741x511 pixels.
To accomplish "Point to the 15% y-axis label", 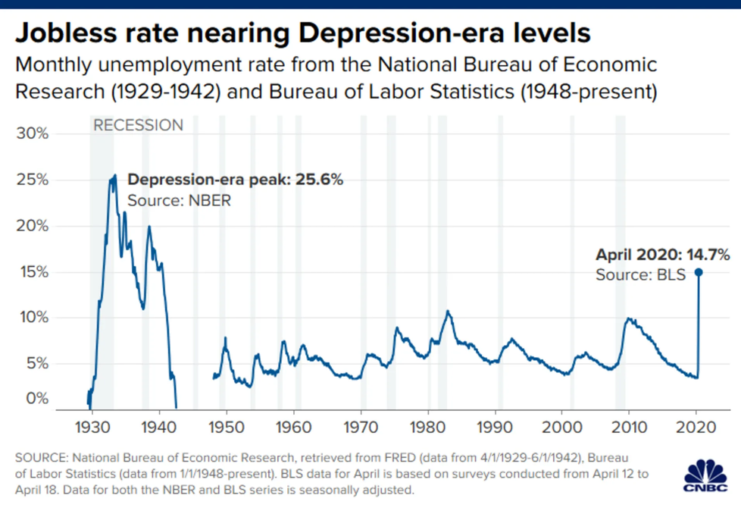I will (x=33, y=271).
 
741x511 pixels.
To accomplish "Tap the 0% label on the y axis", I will (x=36, y=399).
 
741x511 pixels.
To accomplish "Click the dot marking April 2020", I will (x=698, y=272).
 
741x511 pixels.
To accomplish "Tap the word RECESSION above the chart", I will (x=138, y=125).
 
